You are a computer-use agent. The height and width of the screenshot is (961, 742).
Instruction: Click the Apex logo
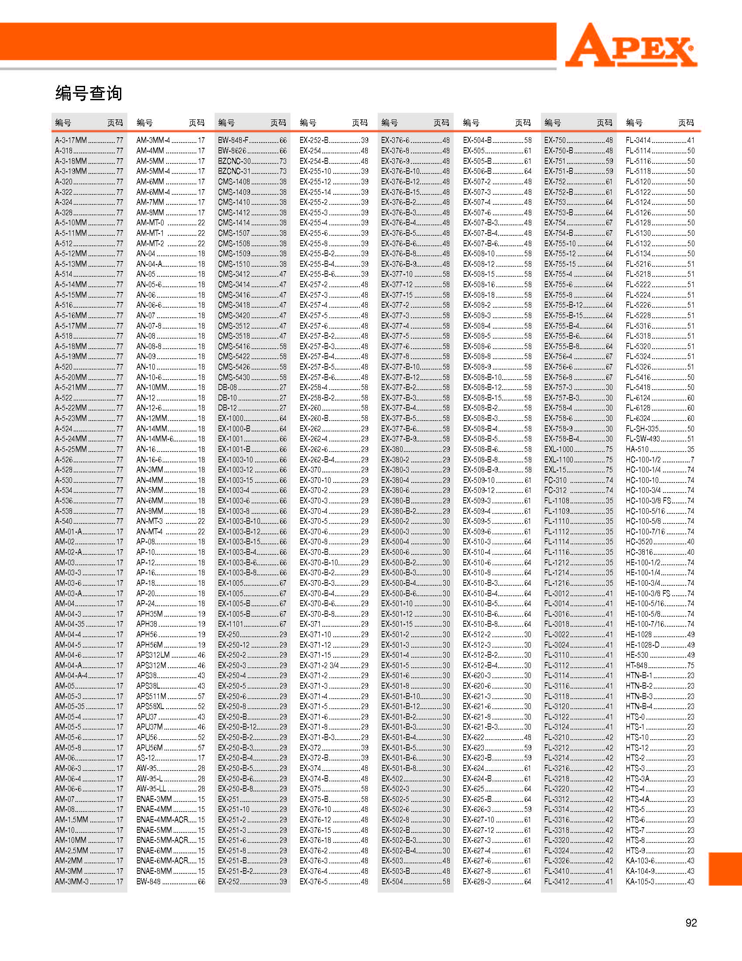click(x=631, y=46)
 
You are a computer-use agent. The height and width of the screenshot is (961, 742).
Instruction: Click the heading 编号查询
click(x=89, y=93)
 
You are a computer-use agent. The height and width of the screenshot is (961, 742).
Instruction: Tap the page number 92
click(x=691, y=923)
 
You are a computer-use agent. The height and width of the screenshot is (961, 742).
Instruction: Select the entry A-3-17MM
click(x=71, y=140)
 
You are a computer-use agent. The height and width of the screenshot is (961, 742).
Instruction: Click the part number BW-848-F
click(x=233, y=140)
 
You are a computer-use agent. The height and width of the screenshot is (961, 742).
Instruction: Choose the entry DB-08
click(x=227, y=387)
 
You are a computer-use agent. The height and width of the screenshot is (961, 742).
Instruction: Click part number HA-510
click(x=637, y=449)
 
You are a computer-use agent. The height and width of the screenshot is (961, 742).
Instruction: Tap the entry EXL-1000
click(x=558, y=449)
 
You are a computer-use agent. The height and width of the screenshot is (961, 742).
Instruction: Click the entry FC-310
click(x=555, y=480)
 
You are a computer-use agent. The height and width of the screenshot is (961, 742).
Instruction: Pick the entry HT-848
click(x=636, y=666)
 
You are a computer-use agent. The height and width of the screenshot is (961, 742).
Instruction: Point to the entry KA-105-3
click(x=640, y=881)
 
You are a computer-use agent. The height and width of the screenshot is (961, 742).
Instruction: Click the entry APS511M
click(x=151, y=696)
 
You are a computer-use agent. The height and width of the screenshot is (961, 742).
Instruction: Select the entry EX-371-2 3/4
click(x=319, y=666)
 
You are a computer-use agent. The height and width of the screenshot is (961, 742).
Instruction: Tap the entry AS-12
click(x=145, y=758)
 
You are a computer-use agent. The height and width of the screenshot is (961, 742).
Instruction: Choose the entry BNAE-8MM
click(x=154, y=871)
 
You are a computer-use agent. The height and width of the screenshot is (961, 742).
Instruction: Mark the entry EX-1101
click(x=230, y=624)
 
